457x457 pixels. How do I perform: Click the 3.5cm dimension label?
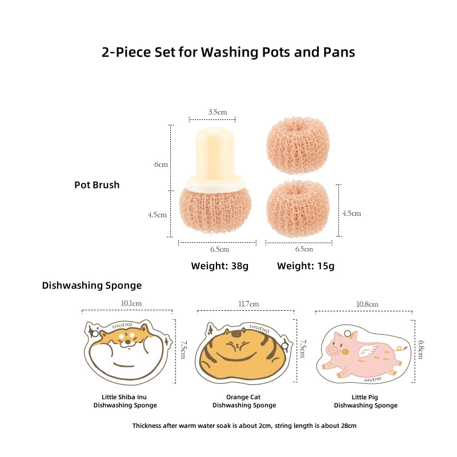[218, 112]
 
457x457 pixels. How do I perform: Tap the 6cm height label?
[161, 165]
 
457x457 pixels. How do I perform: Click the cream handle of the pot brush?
[215, 153]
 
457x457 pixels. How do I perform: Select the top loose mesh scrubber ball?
[298, 145]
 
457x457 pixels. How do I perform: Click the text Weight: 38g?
[220, 266]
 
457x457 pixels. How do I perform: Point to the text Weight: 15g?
[306, 266]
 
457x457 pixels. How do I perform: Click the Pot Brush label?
[97, 185]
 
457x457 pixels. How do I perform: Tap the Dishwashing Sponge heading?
[92, 285]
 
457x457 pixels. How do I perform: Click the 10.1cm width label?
[131, 303]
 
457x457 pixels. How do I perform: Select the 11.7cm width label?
[248, 304]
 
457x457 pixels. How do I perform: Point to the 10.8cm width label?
[367, 304]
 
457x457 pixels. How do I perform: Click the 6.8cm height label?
[421, 350]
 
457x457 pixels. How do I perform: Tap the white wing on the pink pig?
[368, 350]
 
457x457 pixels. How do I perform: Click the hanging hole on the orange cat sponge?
[284, 346]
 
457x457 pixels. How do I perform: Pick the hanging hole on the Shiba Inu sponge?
[95, 334]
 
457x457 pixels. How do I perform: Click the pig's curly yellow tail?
[400, 348]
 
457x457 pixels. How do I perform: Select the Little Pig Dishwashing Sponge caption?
[366, 401]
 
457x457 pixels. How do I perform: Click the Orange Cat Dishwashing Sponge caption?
[244, 401]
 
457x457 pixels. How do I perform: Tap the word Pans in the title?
[339, 52]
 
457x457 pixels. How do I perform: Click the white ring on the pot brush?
[215, 182]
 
